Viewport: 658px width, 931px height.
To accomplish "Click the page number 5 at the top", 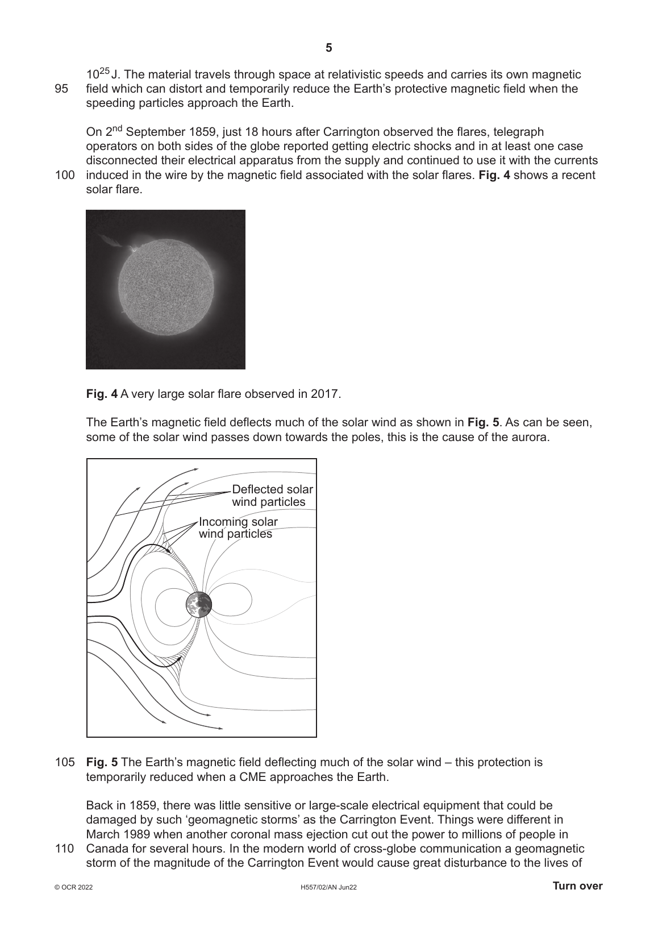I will pyautogui.click(x=328, y=48).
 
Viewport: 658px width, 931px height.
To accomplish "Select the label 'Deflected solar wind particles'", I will pyautogui.click(x=272, y=496).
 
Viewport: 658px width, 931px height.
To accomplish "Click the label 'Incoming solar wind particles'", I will pyautogui.click(x=238, y=527).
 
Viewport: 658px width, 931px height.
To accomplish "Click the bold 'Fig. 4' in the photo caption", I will pyautogui.click(x=102, y=393).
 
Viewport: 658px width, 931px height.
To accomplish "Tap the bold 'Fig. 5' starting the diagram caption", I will pyautogui.click(x=102, y=762).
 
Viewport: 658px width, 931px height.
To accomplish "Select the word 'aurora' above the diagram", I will pyautogui.click(x=532, y=437).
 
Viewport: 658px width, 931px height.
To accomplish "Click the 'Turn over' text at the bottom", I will pyautogui.click(x=577, y=886).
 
